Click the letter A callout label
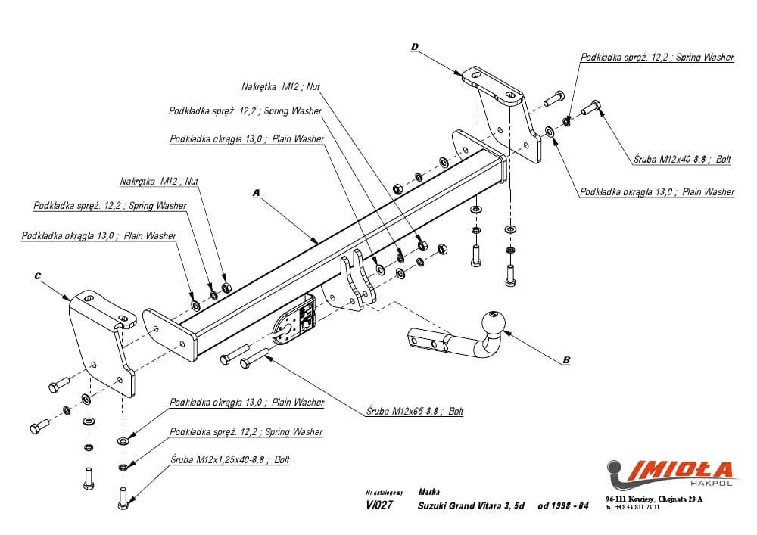pyautogui.click(x=256, y=194)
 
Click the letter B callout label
pyautogui.click(x=565, y=361)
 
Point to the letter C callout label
pyautogui.click(x=37, y=278)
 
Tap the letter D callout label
pyautogui.click(x=414, y=47)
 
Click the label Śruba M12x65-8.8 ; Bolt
pyautogui.click(x=414, y=412)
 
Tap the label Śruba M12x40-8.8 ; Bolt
pyautogui.click(x=682, y=160)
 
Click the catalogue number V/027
pyautogui.click(x=378, y=506)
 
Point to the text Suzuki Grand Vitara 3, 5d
pyautogui.click(x=471, y=505)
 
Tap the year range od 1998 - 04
pyautogui.click(x=563, y=505)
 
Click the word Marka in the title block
pyautogui.click(x=429, y=491)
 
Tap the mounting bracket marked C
pyautogui.click(x=102, y=341)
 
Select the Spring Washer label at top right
pyautogui.click(x=656, y=58)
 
